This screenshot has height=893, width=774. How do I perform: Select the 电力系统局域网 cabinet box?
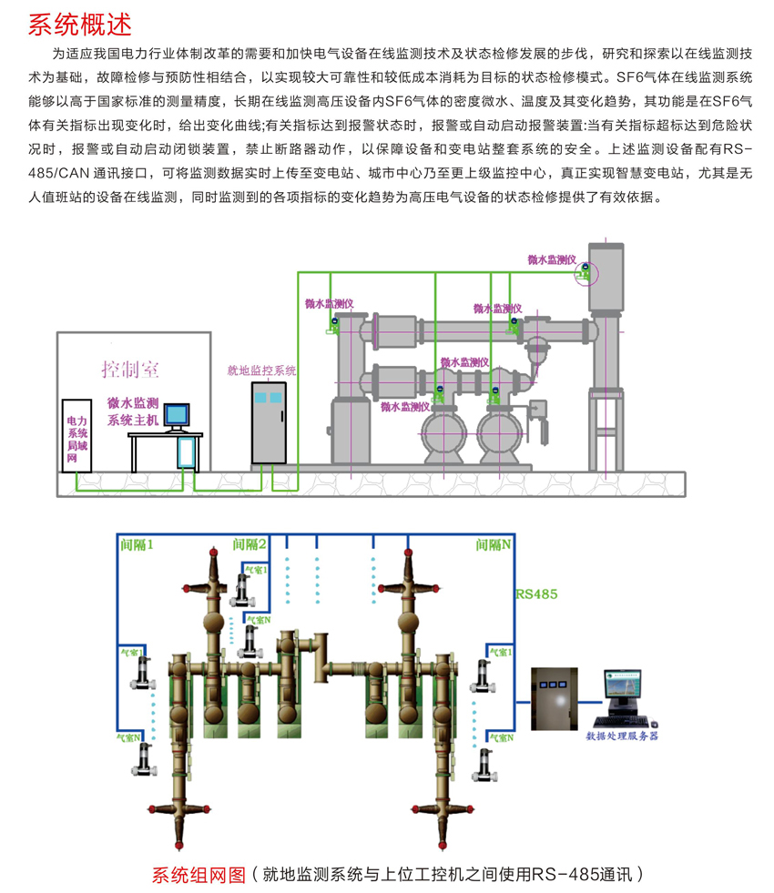(x=77, y=437)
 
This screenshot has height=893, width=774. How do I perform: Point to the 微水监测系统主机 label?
(x=133, y=411)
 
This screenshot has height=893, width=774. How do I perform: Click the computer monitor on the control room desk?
(x=177, y=415)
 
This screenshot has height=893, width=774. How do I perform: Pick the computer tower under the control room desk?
(x=188, y=451)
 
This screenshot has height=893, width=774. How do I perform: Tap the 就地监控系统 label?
(x=261, y=370)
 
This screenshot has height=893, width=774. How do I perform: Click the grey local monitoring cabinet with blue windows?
(x=269, y=423)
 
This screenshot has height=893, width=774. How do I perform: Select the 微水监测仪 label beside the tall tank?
(x=552, y=259)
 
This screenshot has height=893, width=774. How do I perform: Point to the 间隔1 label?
(x=137, y=544)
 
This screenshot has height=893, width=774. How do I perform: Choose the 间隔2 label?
(x=250, y=544)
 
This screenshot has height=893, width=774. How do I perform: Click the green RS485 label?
(x=536, y=594)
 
